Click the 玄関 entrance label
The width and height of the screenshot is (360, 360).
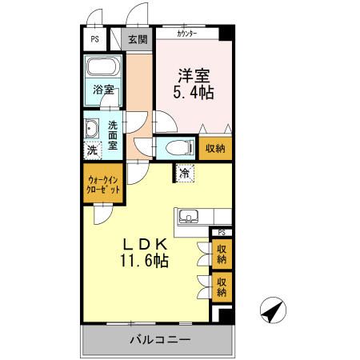pyautogui.click(x=138, y=38)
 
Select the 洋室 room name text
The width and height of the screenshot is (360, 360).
pyautogui.click(x=193, y=77)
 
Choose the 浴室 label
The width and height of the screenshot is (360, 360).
pyautogui.click(x=102, y=90)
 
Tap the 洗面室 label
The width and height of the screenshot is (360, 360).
pyautogui.click(x=114, y=134)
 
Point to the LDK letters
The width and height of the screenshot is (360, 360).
pyautogui.click(x=144, y=244)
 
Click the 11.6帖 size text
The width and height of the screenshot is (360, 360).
pyautogui.click(x=144, y=261)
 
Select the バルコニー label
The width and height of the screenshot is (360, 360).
pyautogui.click(x=160, y=340)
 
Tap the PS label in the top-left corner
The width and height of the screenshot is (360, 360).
pyautogui.click(x=94, y=38)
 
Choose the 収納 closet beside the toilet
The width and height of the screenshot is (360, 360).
pyautogui.click(x=214, y=148)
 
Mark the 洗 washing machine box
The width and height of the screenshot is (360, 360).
pyautogui.click(x=92, y=150)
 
